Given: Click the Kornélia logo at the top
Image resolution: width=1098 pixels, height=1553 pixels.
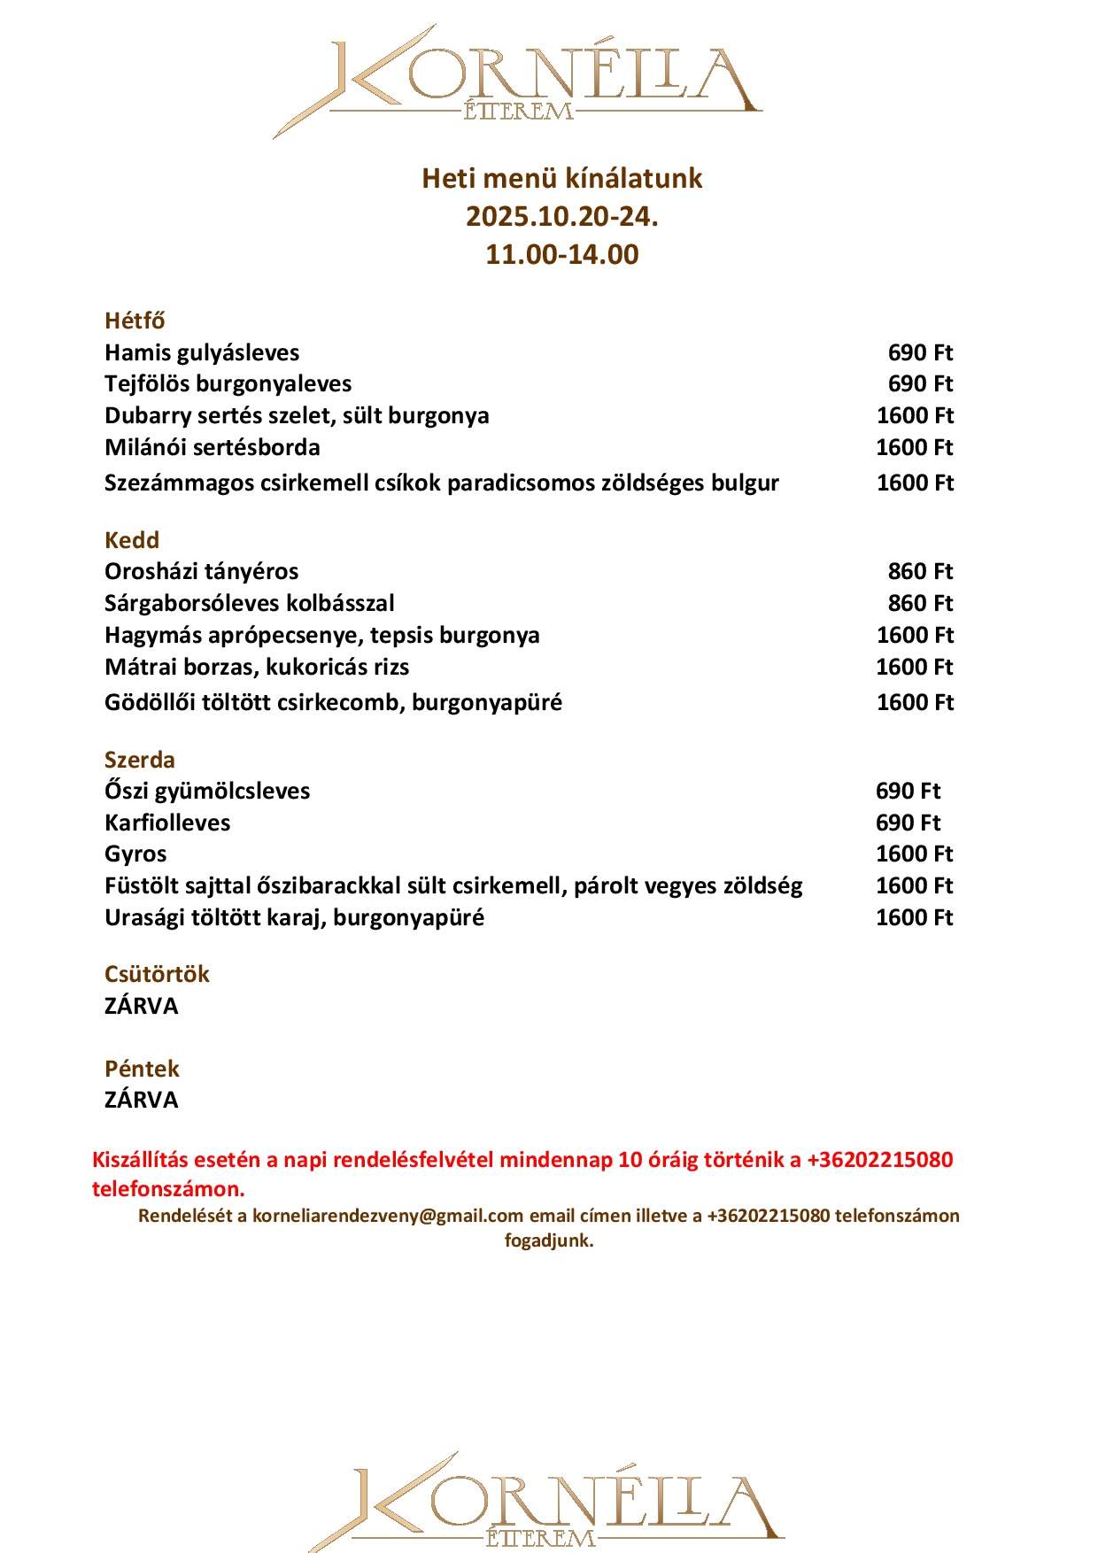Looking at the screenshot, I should click(517, 81).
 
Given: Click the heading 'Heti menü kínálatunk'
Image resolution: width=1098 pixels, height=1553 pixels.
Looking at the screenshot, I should click(561, 179).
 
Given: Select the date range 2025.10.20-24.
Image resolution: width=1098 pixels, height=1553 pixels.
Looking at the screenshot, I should click(561, 217).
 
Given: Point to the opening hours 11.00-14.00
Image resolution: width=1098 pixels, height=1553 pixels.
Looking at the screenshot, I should click(561, 255).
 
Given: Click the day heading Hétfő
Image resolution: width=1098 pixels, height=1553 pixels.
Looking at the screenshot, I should click(135, 321).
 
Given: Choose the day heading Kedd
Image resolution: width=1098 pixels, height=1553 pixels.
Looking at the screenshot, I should click(132, 540).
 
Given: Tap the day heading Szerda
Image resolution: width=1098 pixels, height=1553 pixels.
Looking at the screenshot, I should click(140, 760).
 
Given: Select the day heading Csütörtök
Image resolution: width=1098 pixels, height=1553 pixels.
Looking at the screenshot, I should click(157, 974).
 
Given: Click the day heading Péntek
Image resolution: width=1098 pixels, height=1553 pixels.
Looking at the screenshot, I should click(142, 1069).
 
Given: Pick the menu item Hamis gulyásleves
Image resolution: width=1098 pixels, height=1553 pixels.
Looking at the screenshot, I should click(202, 352).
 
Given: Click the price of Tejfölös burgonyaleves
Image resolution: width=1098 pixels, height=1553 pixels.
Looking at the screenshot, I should click(920, 383).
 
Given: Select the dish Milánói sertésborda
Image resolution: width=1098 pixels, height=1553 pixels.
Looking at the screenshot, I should click(213, 447).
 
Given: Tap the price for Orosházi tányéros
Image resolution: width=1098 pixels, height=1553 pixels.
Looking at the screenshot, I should click(920, 571).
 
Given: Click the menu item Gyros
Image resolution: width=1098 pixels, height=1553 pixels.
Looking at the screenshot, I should click(135, 854).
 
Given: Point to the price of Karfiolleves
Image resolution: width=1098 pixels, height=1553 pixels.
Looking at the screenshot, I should click(908, 823).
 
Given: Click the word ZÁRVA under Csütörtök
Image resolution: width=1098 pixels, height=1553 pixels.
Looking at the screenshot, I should click(142, 1006).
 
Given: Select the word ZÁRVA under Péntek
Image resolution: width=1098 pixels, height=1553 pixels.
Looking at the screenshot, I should click(142, 1100).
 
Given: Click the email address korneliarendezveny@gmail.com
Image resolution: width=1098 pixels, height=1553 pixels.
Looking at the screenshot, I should click(388, 1216).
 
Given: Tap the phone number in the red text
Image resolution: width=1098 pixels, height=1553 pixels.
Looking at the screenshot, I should click(879, 1160).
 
